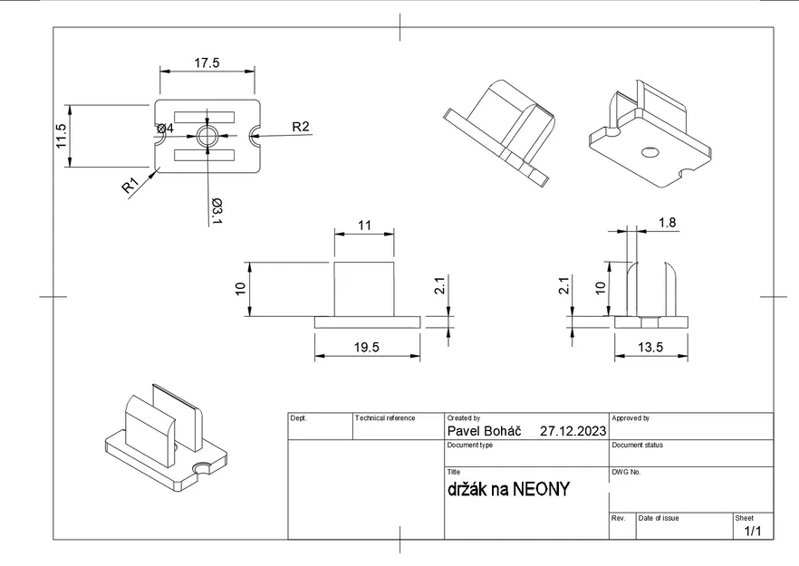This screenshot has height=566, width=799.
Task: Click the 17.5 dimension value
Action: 207,62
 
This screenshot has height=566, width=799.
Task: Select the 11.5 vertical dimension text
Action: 62,136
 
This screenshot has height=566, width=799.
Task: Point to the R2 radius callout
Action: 300,127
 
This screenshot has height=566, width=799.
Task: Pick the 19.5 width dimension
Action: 367,347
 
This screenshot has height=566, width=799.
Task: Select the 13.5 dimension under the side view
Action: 650,347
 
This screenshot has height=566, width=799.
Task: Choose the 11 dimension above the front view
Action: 364,225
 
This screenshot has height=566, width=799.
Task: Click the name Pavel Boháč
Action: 484,431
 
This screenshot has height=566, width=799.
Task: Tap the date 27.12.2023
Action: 573,431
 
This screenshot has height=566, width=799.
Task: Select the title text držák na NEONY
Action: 508,490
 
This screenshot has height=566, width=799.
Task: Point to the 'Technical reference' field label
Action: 385,418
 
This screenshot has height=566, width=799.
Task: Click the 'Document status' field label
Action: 638,446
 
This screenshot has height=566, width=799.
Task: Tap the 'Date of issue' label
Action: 659,518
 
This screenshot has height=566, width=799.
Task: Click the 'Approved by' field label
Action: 631,418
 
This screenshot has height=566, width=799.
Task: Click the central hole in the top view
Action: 207,136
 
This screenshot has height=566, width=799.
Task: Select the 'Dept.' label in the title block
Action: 299,418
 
